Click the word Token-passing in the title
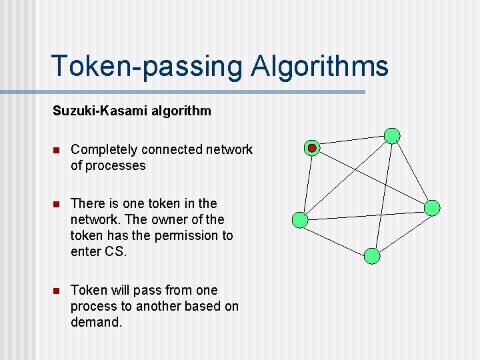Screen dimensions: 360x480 [x=147, y=67]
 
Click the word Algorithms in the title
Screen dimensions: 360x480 [x=319, y=67]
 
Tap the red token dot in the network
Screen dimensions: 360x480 [x=312, y=148]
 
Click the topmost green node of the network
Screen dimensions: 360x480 [x=393, y=136]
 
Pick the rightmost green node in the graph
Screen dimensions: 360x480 [x=432, y=207]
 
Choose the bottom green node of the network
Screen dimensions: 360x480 [x=373, y=255]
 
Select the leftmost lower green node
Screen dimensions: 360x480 [x=301, y=219]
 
